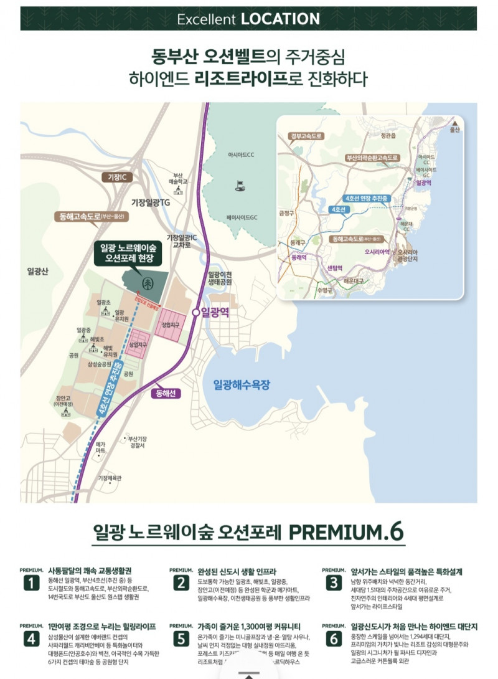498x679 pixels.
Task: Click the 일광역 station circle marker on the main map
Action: click(196, 312)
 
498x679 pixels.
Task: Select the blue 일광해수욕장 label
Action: click(242, 384)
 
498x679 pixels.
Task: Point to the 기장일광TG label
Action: click(149, 203)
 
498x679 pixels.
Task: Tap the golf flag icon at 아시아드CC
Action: click(238, 184)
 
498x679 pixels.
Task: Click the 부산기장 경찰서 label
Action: click(136, 442)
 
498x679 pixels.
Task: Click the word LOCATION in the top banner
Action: click(280, 19)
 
